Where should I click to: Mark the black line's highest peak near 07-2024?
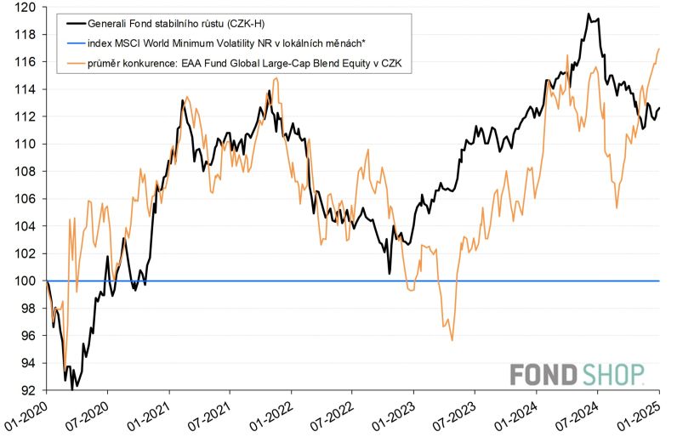tap(588, 14)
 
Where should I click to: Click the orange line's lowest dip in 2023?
tap(452, 340)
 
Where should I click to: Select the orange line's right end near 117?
tap(659, 48)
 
